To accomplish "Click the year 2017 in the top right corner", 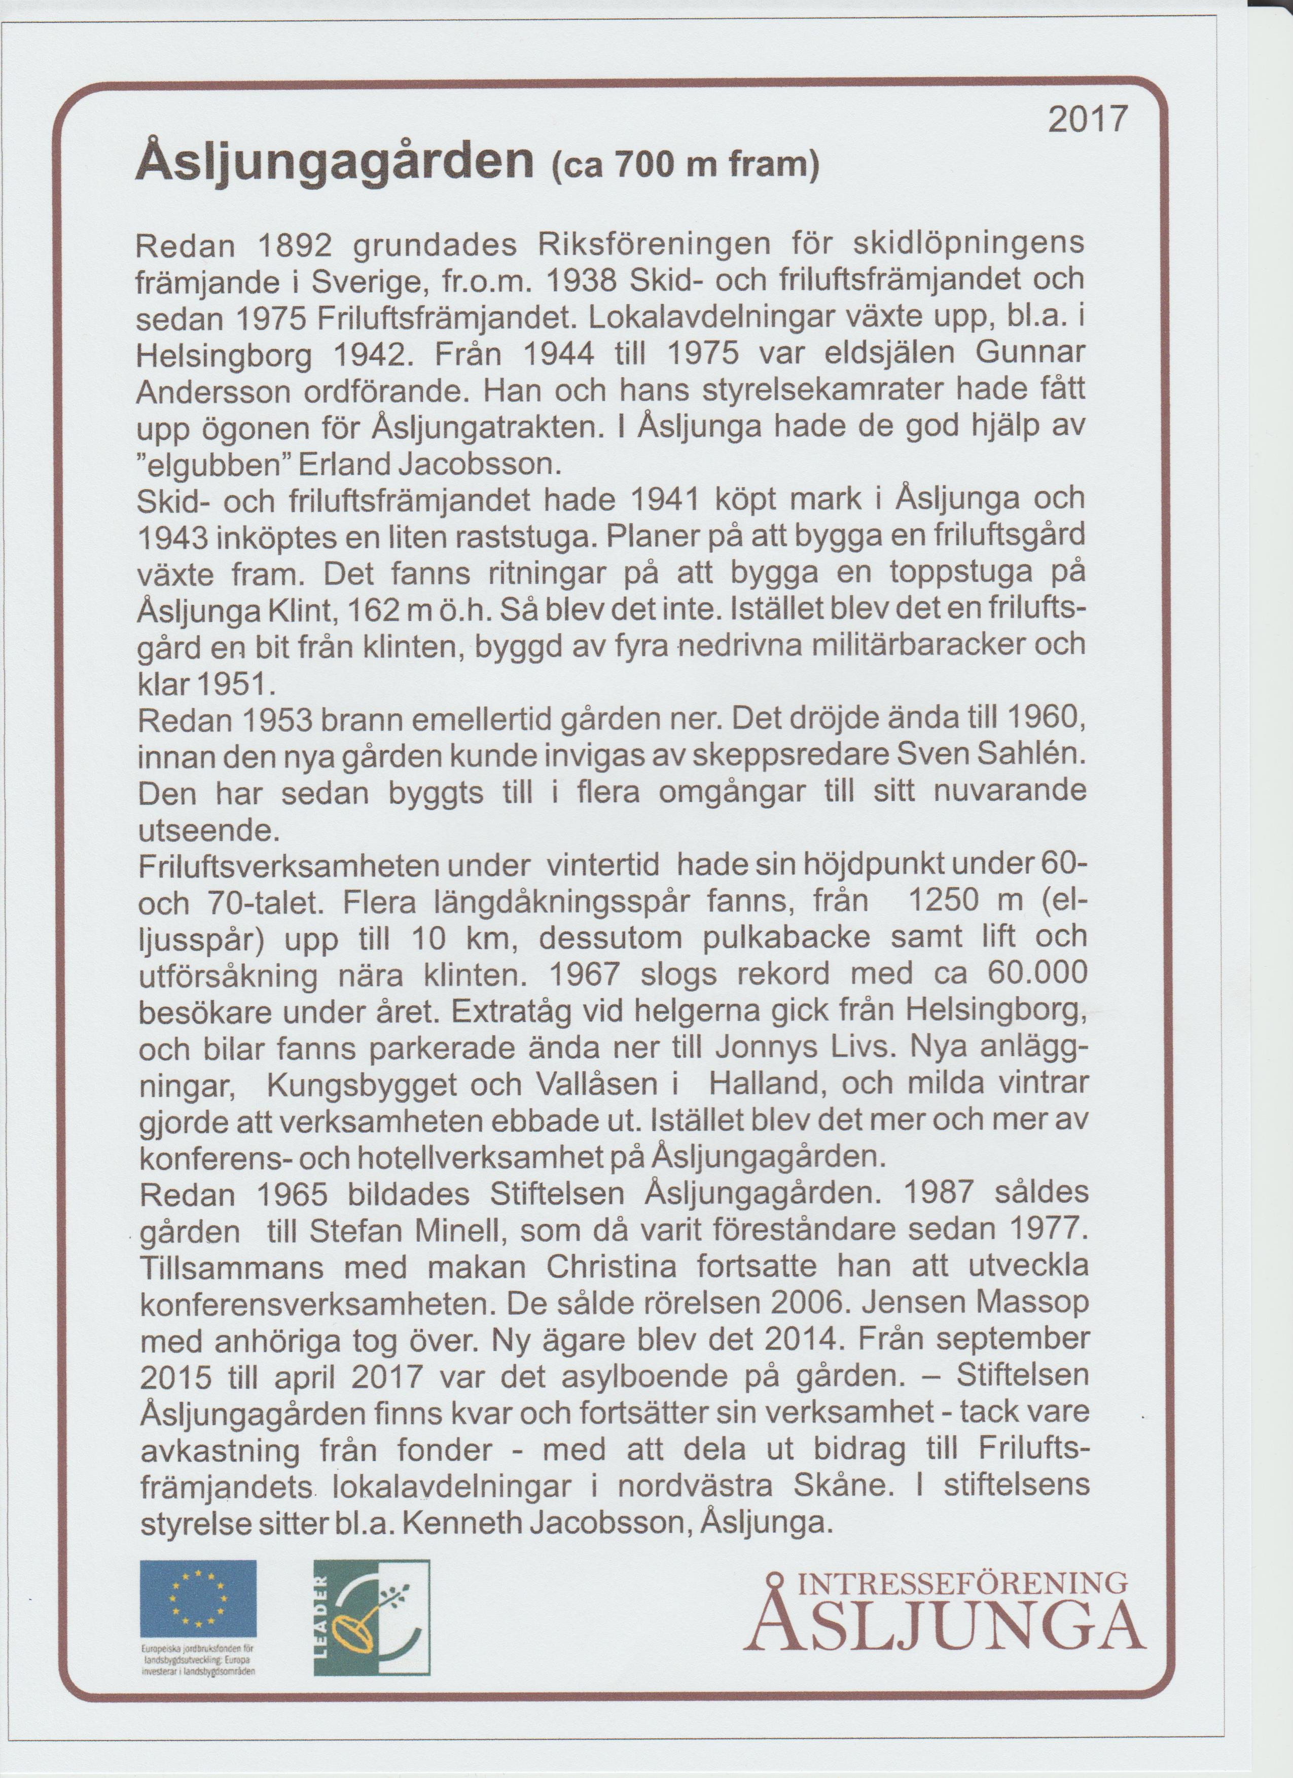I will [1088, 119].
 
